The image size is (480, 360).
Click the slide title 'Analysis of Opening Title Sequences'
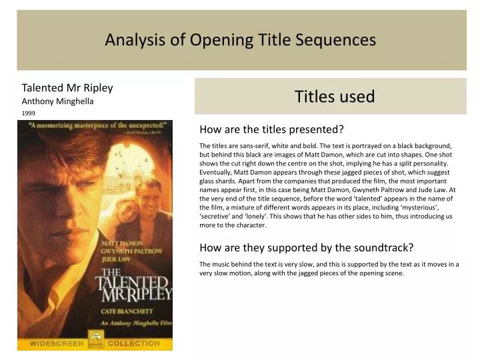coord(240,40)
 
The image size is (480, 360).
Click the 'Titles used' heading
coord(335,97)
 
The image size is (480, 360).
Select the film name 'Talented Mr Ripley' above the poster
coord(67,87)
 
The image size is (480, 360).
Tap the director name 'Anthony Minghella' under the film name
coord(58,101)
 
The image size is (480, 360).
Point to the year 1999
coord(29,113)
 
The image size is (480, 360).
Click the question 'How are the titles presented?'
coord(271,129)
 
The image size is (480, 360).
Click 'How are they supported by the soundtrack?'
coord(307,247)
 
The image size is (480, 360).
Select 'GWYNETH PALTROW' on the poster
coord(131,251)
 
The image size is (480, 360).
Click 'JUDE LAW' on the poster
coord(117,259)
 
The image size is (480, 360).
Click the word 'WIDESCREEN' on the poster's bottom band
coord(56,344)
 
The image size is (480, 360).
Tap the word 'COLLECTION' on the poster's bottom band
coord(134,344)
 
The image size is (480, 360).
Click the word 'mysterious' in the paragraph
coord(418,207)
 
